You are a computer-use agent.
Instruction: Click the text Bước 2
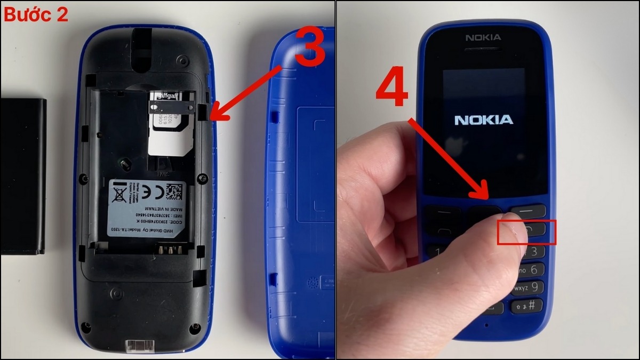point(36,14)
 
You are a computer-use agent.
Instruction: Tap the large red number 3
point(302,48)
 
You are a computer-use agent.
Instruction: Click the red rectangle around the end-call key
point(526,232)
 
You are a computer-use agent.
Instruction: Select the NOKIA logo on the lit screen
point(484,119)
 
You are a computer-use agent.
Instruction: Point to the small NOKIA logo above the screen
point(483,37)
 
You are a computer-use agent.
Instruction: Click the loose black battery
point(23,176)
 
